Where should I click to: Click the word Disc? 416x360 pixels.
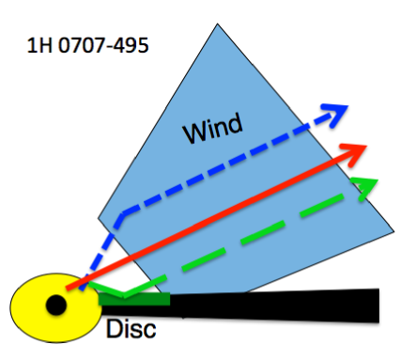point(131,330)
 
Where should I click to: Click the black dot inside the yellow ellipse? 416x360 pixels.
point(55,303)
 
